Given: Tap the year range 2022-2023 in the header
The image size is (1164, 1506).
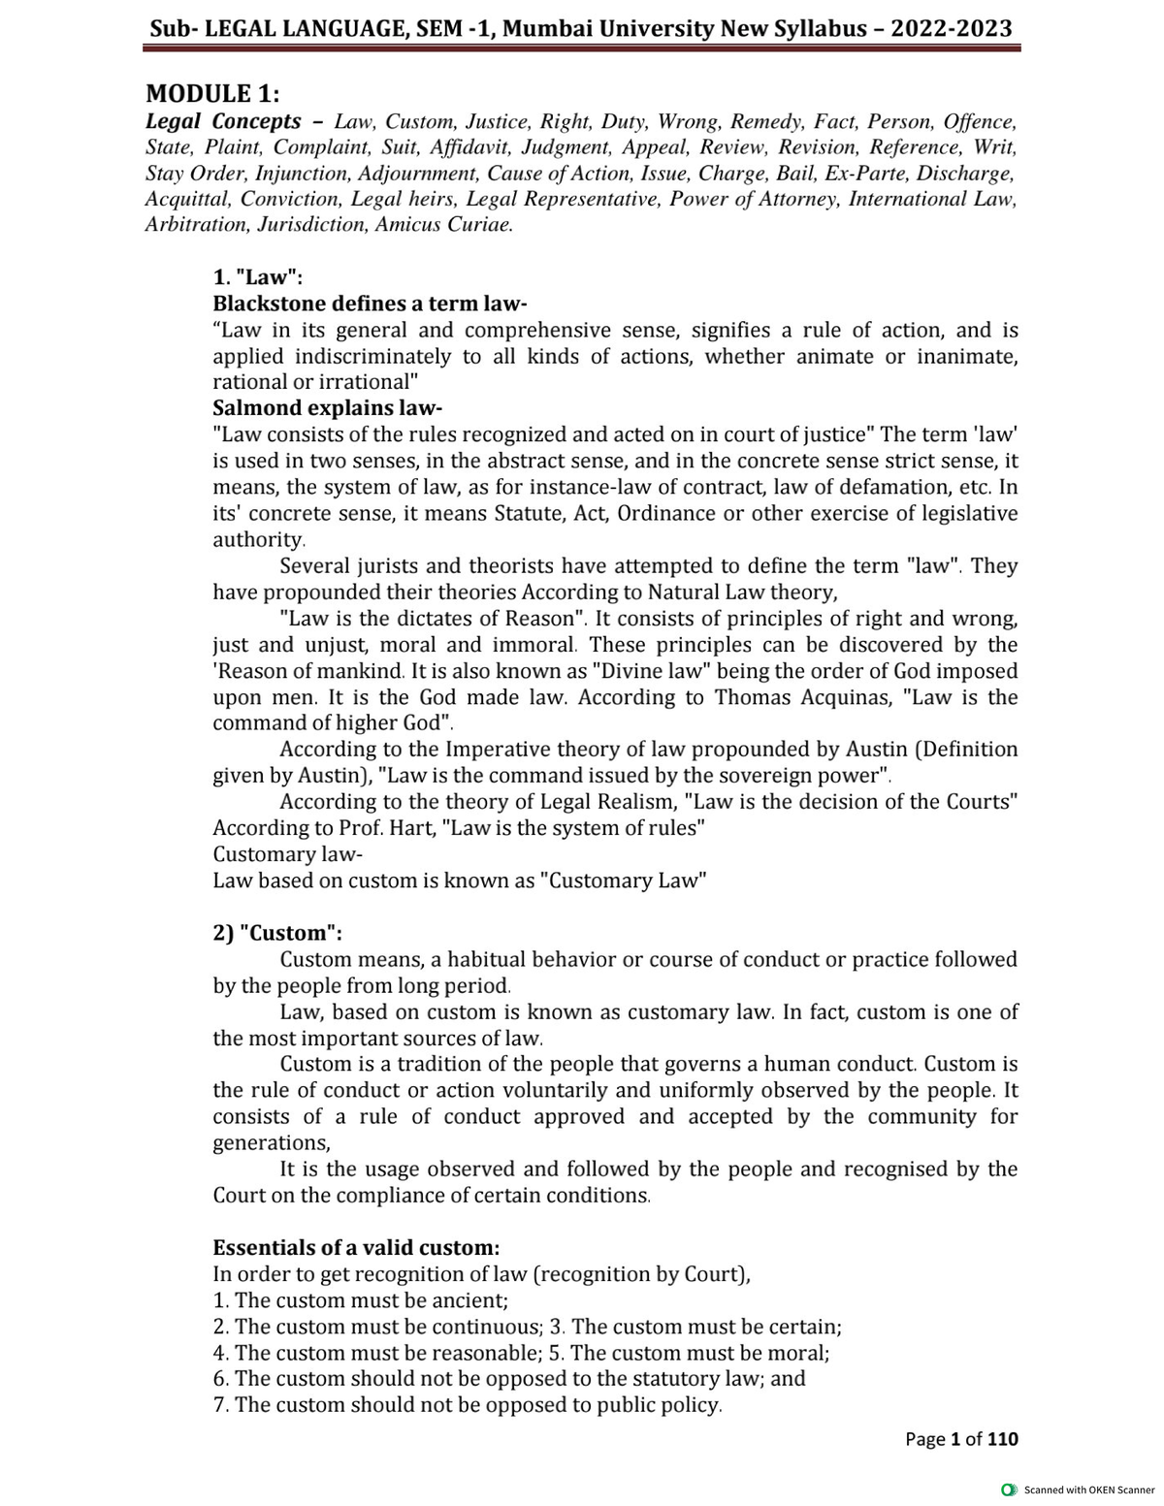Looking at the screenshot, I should tap(952, 28).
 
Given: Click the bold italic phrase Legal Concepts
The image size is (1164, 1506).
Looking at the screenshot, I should tap(223, 122).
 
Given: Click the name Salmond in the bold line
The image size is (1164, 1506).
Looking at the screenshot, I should tap(257, 408).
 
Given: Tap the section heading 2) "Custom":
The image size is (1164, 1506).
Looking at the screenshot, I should tap(277, 933).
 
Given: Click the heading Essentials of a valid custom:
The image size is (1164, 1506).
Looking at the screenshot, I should tap(356, 1247).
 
